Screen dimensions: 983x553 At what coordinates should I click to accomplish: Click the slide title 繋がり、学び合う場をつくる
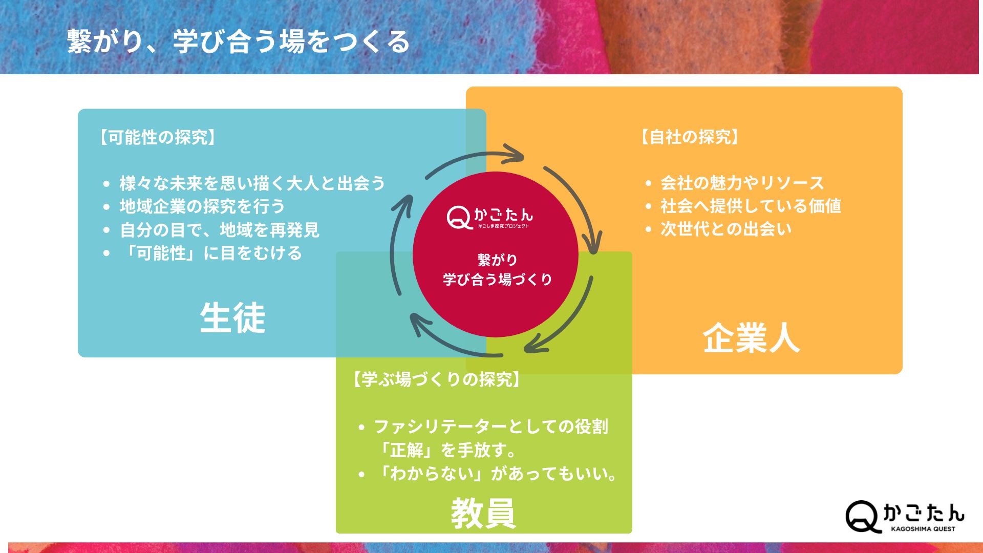pos(238,41)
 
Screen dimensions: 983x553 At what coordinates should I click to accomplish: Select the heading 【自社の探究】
pos(689,137)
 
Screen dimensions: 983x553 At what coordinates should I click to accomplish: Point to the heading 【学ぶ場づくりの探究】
pos(436,379)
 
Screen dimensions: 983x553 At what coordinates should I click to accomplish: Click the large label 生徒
pos(232,317)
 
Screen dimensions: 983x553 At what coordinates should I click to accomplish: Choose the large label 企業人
pos(751,338)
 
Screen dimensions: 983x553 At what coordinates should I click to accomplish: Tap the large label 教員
pos(483,513)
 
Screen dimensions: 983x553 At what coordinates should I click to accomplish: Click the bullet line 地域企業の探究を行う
pos(202,206)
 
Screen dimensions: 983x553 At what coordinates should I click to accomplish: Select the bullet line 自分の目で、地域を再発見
pos(220,230)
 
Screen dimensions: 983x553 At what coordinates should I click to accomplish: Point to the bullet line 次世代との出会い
pos(726,229)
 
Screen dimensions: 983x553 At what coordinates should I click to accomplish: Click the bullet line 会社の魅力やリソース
pos(742,183)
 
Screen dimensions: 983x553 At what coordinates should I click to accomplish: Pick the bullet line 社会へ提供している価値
pos(751,206)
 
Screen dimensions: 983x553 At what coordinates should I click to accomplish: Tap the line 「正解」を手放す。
pos(446,450)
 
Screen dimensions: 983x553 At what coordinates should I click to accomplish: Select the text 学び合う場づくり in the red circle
pos(497,279)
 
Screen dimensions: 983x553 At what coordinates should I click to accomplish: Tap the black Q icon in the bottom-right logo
pos(863,517)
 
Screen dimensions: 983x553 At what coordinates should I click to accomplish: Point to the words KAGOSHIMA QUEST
pos(923,529)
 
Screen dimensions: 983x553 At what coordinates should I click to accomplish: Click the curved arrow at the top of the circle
pos(475,160)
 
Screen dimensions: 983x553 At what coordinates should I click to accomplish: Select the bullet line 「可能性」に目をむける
pos(210,253)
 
